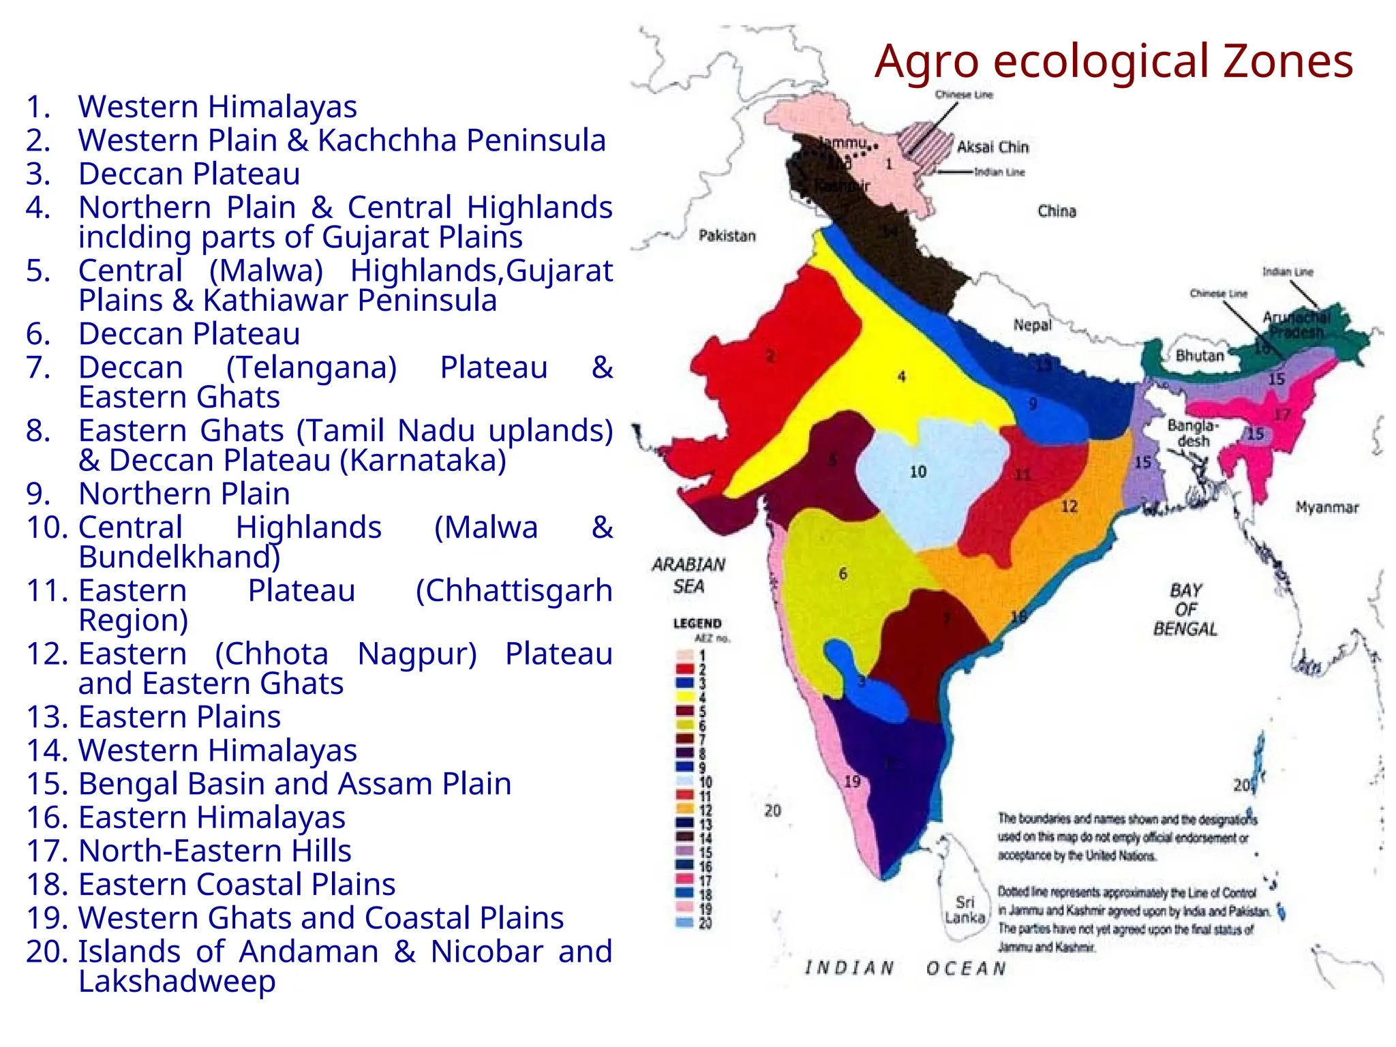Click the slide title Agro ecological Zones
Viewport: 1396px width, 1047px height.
[1113, 61]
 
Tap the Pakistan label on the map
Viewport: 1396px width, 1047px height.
[727, 236]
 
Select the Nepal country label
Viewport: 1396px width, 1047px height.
[1032, 325]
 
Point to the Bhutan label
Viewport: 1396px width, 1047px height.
[1199, 356]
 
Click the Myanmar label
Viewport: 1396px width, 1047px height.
[1326, 508]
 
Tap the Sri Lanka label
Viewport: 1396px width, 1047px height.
[965, 910]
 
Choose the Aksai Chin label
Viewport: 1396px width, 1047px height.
[992, 147]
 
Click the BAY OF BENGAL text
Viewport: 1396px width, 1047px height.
[1185, 609]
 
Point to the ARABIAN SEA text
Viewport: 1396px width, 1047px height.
[688, 575]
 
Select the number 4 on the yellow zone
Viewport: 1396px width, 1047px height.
[901, 377]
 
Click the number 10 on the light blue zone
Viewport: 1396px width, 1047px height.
[917, 472]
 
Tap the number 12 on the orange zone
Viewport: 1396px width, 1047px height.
[1069, 506]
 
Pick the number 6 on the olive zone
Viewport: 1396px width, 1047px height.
[843, 574]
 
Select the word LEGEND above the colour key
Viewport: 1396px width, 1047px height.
[697, 623]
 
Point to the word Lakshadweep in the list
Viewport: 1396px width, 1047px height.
[177, 982]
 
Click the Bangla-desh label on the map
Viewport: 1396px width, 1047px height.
[1192, 434]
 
